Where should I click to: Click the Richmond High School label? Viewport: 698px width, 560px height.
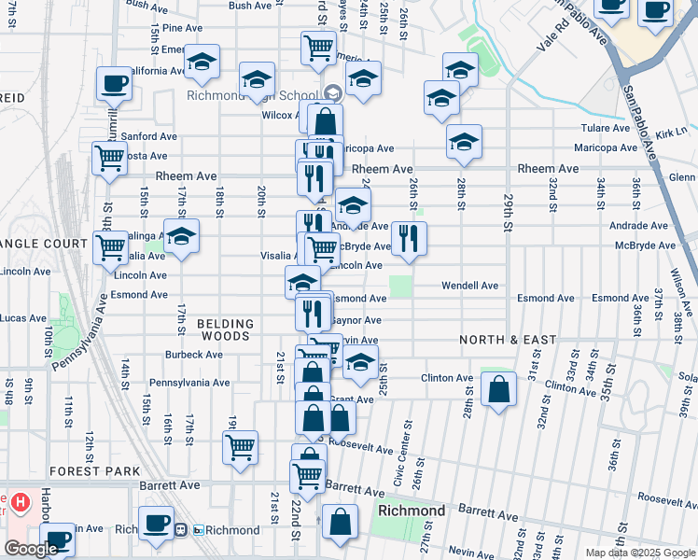[252, 94]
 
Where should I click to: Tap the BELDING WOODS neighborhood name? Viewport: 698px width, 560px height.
[224, 329]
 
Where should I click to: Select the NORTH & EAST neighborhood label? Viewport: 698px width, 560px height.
[508, 340]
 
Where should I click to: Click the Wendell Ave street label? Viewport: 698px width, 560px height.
[469, 285]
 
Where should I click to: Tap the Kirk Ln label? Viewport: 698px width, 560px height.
[671, 132]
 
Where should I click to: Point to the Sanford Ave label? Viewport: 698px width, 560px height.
[149, 136]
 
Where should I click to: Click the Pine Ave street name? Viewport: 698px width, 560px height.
[181, 28]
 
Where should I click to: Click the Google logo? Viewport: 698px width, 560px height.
[31, 549]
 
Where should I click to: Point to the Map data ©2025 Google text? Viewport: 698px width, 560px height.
[639, 553]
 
